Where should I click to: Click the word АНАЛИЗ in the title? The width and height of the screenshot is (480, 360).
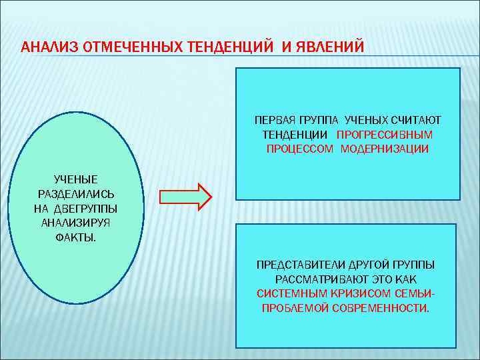tap(44, 47)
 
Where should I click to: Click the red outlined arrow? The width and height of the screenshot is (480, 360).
tap(185, 196)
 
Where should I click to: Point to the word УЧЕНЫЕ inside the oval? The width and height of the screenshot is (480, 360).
tap(75, 179)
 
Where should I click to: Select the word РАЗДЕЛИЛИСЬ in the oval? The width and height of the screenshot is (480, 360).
tap(75, 193)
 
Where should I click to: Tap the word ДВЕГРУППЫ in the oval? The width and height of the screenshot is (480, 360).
tap(89, 208)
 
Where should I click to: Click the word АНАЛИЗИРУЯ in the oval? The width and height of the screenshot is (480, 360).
tap(75, 223)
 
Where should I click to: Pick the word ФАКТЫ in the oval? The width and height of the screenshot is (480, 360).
tap(75, 237)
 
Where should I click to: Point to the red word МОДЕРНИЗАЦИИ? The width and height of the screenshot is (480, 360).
tap(385, 149)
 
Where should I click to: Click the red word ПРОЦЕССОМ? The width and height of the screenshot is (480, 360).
tap(301, 149)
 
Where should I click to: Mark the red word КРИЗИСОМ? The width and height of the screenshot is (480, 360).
tap(346, 294)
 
